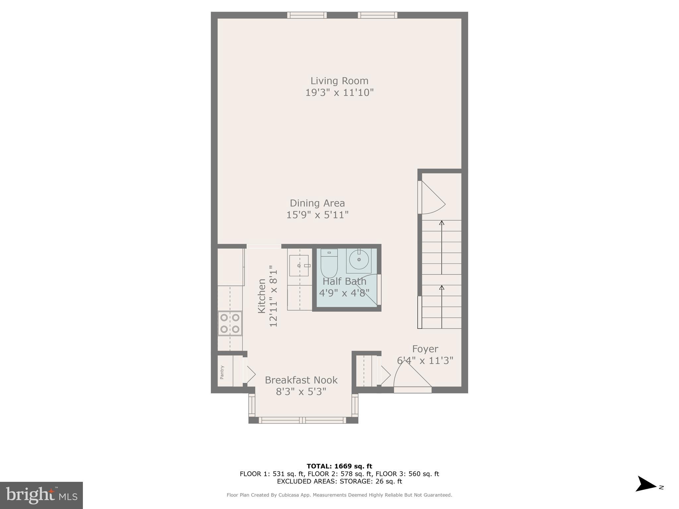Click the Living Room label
(339, 81)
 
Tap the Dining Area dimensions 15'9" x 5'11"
(317, 215)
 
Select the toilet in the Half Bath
(329, 264)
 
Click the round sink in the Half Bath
(359, 260)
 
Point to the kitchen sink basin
(299, 265)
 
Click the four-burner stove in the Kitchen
(230, 323)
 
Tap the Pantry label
(222, 372)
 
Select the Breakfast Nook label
(301, 380)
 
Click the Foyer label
(425, 349)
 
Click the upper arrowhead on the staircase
(441, 223)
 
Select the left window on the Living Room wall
(307, 15)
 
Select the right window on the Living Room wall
(377, 15)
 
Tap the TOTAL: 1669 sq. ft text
(339, 466)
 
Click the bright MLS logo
(41, 495)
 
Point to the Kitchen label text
(262, 296)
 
